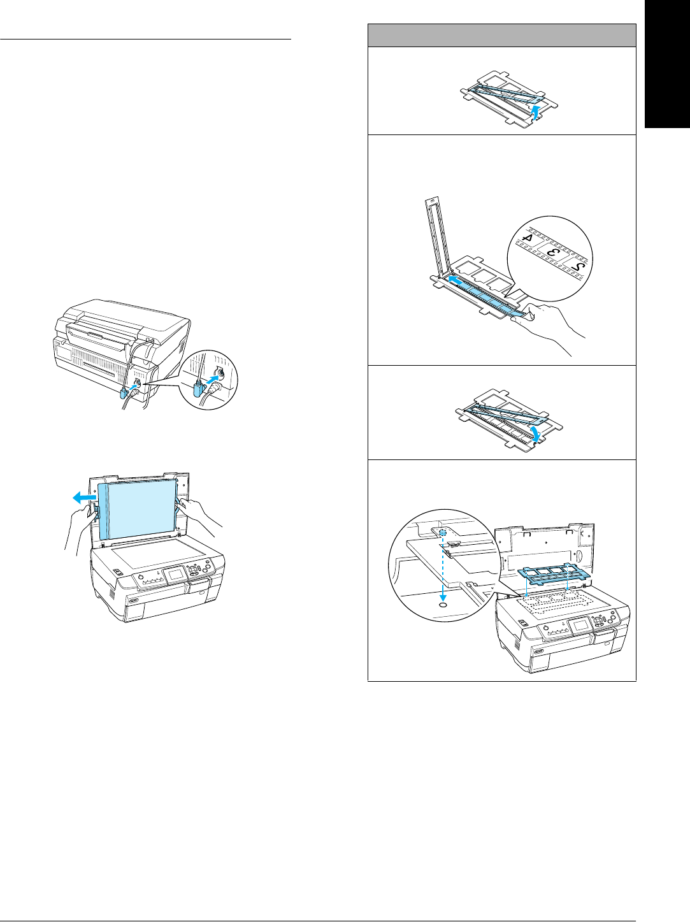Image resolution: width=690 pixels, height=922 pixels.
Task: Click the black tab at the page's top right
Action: pyautogui.click(x=667, y=64)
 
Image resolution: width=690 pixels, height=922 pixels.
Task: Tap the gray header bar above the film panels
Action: pyautogui.click(x=502, y=35)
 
